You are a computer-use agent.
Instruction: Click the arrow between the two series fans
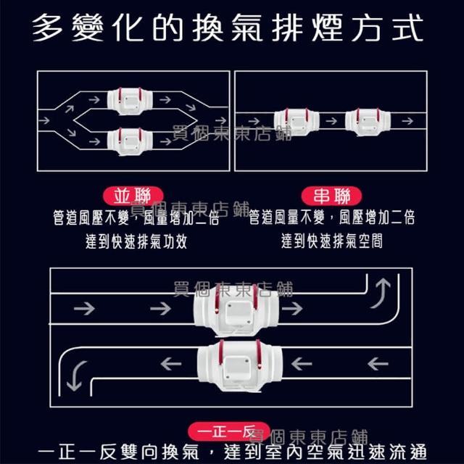(x=331, y=120)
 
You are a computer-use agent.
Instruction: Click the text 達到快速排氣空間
(x=331, y=241)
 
